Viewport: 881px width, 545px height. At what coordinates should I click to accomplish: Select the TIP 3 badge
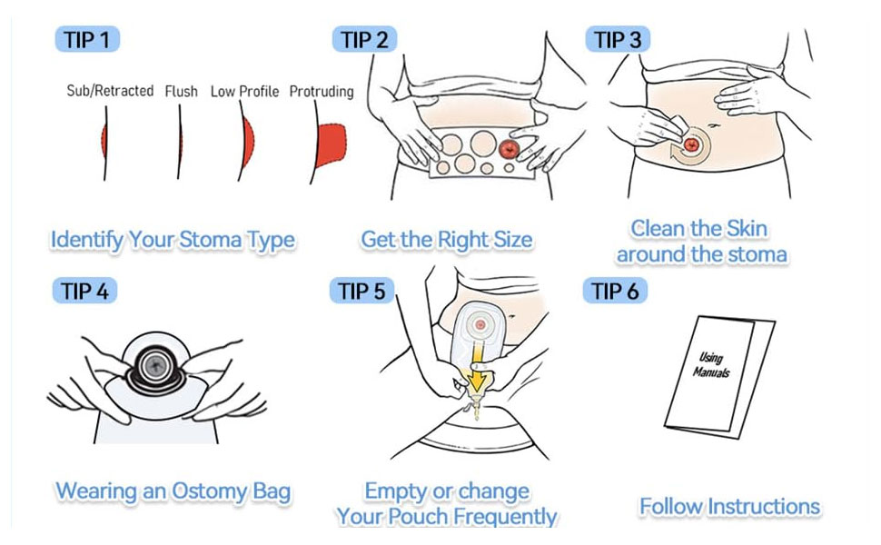point(619,40)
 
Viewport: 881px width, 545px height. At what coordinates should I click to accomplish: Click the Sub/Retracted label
point(110,91)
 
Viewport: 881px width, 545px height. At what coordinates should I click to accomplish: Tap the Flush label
point(181,92)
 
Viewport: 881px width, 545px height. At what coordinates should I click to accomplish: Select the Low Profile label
point(244,92)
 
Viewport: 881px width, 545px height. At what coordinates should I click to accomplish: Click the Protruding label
point(321,92)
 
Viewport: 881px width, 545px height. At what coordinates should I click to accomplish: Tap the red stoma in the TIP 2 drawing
point(510,147)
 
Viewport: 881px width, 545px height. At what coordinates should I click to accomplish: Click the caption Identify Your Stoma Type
point(173,241)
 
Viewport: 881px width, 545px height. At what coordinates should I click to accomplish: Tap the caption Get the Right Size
point(446,241)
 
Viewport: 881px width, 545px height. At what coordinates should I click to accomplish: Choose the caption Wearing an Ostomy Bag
point(173,492)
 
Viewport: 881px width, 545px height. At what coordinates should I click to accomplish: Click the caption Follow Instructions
point(729,506)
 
